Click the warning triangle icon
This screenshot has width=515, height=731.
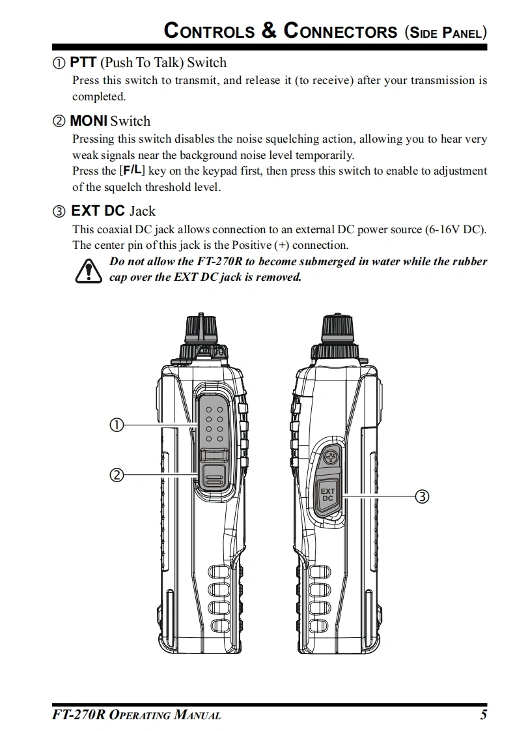(x=88, y=271)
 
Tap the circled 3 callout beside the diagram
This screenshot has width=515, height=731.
(x=422, y=496)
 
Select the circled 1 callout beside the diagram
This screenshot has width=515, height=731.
(x=117, y=425)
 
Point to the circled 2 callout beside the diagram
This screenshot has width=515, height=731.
(x=117, y=476)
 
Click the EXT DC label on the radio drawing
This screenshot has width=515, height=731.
(x=327, y=494)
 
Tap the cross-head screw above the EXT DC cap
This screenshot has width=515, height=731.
(x=331, y=457)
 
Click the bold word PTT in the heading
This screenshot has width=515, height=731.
(x=83, y=63)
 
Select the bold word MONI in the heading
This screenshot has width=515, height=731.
(x=89, y=121)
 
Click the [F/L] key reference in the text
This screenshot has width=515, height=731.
(x=132, y=171)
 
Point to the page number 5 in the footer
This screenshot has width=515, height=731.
(x=483, y=715)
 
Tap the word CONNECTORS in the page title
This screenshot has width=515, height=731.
(x=341, y=31)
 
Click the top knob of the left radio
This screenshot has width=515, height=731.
(x=201, y=328)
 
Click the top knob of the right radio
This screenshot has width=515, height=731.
(x=337, y=328)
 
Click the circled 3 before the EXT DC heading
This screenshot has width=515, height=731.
(x=59, y=212)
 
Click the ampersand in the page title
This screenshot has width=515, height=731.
(x=269, y=31)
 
